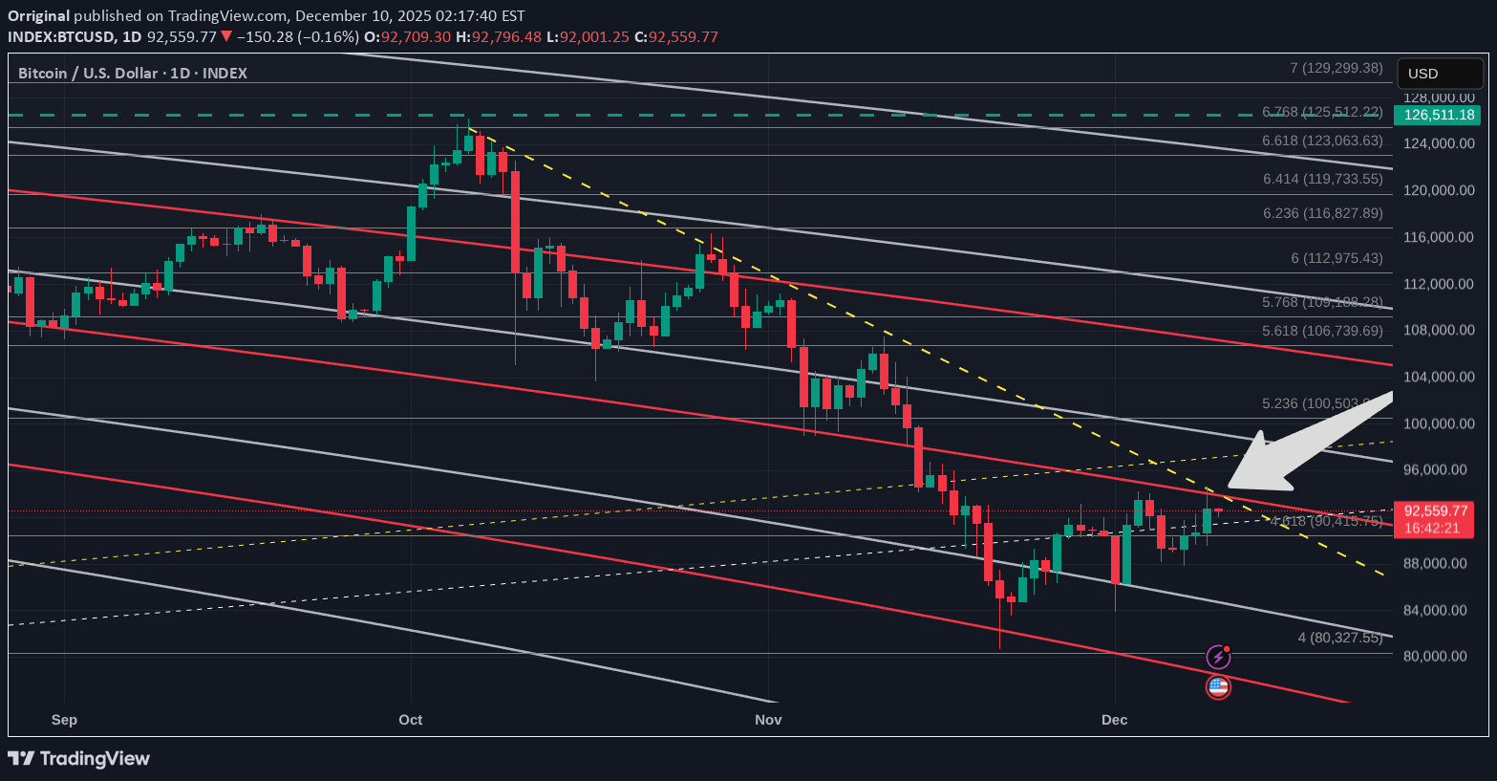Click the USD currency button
(1441, 74)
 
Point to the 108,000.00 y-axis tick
(1439, 331)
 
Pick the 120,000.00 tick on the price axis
(1439, 190)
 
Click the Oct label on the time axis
(411, 720)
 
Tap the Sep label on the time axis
(64, 720)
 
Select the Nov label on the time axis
(768, 720)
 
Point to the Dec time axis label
(1114, 720)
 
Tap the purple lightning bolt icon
(1217, 657)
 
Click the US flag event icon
(1218, 686)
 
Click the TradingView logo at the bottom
(79, 759)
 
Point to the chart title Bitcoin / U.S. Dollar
(88, 74)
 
